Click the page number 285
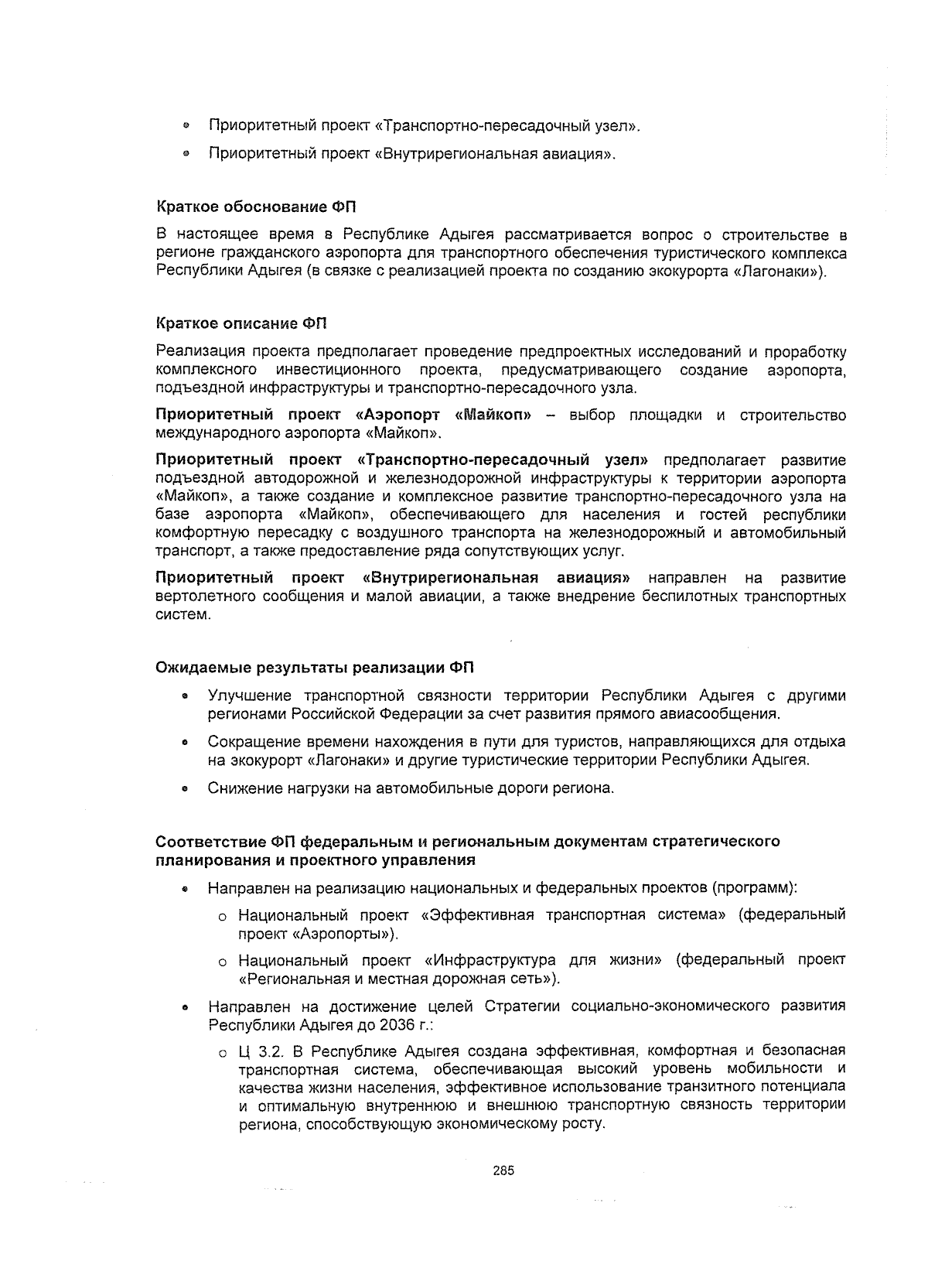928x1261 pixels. pyautogui.click(x=503, y=1170)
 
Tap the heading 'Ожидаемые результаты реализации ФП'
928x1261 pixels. pyautogui.click(x=315, y=667)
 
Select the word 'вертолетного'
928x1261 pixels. pyautogui.click(x=205, y=596)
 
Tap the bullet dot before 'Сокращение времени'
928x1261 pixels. pyautogui.click(x=186, y=743)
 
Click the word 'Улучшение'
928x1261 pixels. pyautogui.click(x=250, y=695)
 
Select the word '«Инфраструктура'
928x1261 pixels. pyautogui.click(x=491, y=960)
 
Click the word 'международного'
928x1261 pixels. pyautogui.click(x=206, y=433)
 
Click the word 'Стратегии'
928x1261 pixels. pyautogui.click(x=522, y=1006)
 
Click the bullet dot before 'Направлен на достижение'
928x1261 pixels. pyautogui.click(x=186, y=1008)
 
